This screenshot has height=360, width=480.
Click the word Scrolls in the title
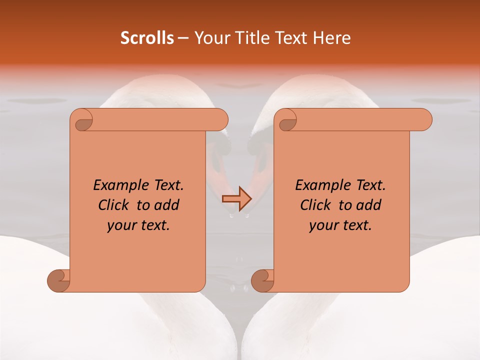point(147,38)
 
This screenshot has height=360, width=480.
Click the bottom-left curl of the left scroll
point(59,280)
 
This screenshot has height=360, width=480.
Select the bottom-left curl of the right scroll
point(262,280)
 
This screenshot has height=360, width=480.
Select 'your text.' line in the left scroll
point(138,225)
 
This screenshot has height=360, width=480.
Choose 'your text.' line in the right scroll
point(340,225)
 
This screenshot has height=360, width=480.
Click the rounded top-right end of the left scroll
point(220,120)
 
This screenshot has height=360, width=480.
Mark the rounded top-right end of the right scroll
point(424,120)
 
